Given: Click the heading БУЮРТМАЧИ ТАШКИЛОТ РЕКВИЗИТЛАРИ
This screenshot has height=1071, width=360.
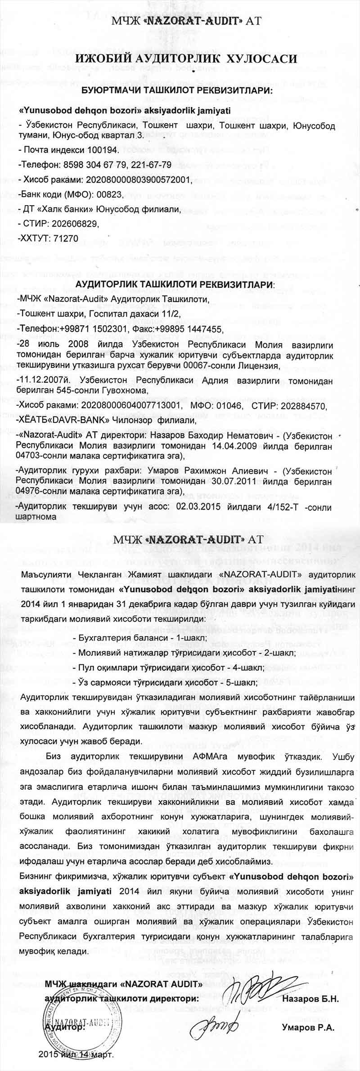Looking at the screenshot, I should [x=180, y=90].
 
